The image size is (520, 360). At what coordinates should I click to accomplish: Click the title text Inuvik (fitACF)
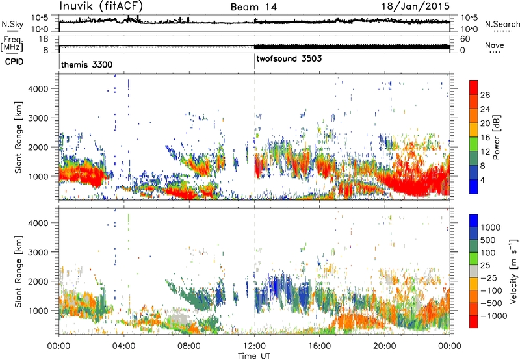click(x=101, y=6)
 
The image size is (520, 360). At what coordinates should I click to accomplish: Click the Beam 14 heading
click(x=253, y=7)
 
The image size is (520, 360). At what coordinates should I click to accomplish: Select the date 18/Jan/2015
click(x=415, y=6)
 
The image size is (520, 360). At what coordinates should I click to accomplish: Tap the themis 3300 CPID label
click(x=86, y=64)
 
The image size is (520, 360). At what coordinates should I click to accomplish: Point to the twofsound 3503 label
click(x=289, y=58)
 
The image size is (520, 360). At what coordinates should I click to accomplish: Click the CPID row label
click(x=14, y=62)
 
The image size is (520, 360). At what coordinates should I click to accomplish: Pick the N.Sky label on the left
click(x=12, y=24)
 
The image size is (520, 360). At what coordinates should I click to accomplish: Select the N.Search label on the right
click(x=502, y=24)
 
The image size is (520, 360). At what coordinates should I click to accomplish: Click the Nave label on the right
click(x=495, y=45)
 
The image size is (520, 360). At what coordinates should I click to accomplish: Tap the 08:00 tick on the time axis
click(x=189, y=346)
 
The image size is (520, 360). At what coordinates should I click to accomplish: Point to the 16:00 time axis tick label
click(x=319, y=346)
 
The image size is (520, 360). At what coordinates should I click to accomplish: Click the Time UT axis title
click(x=254, y=355)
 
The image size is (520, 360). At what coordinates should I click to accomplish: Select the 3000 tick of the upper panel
click(x=38, y=118)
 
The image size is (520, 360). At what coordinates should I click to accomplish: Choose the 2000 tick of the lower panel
click(x=38, y=281)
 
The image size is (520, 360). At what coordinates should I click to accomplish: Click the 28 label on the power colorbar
click(x=485, y=95)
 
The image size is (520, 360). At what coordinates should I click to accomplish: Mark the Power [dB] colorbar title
click(x=496, y=137)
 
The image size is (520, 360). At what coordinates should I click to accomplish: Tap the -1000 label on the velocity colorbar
click(x=494, y=316)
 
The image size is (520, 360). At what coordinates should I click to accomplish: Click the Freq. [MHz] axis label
click(x=12, y=44)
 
